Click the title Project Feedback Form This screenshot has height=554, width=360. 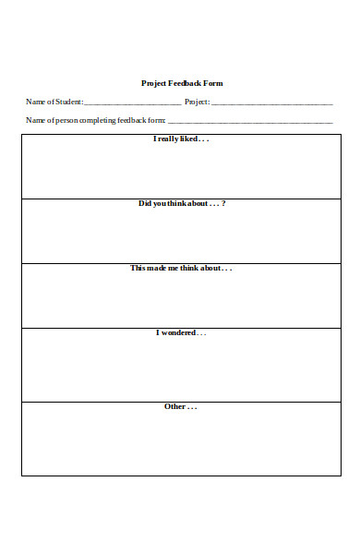(182, 83)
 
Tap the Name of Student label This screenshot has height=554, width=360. (54, 102)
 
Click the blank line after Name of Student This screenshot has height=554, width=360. (132, 102)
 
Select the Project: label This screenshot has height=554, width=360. (198, 102)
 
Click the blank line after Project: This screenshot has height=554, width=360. (272, 102)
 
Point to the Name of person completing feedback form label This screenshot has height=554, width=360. (96, 120)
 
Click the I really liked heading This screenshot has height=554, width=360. (181, 139)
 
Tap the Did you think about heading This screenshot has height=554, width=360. (181, 203)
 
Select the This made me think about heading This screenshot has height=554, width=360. (181, 268)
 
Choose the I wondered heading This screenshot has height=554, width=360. (181, 332)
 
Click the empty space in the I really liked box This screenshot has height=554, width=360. (181, 171)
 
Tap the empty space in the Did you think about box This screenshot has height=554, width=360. (181, 235)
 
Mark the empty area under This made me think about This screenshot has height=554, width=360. (181, 300)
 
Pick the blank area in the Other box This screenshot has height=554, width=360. (181, 443)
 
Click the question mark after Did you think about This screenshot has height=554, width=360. (223, 203)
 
